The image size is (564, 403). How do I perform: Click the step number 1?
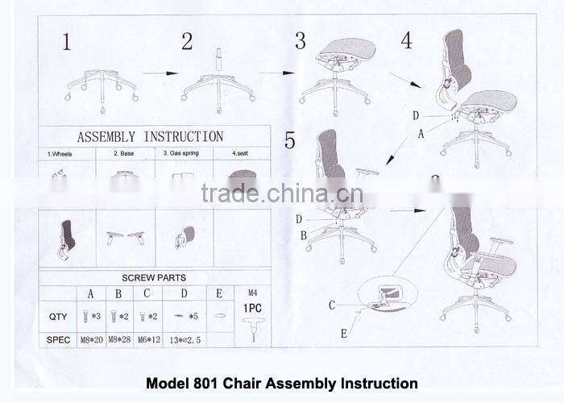coord(66,42)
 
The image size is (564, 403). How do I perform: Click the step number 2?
coord(187,41)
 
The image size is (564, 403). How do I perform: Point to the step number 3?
coord(300,41)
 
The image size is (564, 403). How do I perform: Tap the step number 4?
coord(406,40)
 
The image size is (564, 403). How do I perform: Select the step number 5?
coord(290,140)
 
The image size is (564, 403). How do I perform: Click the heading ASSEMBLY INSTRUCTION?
coord(150,136)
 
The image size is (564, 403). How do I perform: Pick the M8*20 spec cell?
coord(90,340)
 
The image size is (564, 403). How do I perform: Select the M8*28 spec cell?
coord(119,340)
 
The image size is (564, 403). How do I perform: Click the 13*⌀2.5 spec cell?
coord(185,340)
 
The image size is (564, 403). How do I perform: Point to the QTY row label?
coord(57,317)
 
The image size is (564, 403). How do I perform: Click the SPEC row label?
coord(57,340)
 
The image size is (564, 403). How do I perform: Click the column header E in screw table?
coord(219,293)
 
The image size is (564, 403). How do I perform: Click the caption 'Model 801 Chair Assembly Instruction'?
coord(281,384)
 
